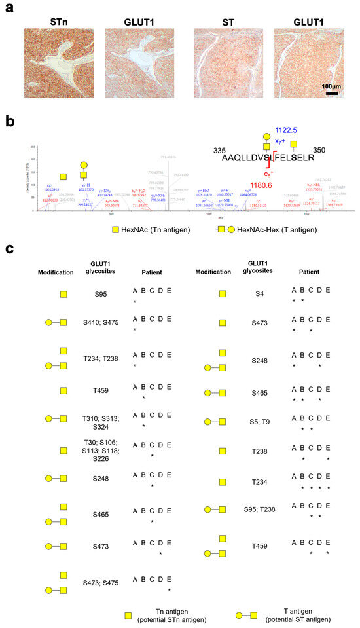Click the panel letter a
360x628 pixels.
click(x=7, y=9)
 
